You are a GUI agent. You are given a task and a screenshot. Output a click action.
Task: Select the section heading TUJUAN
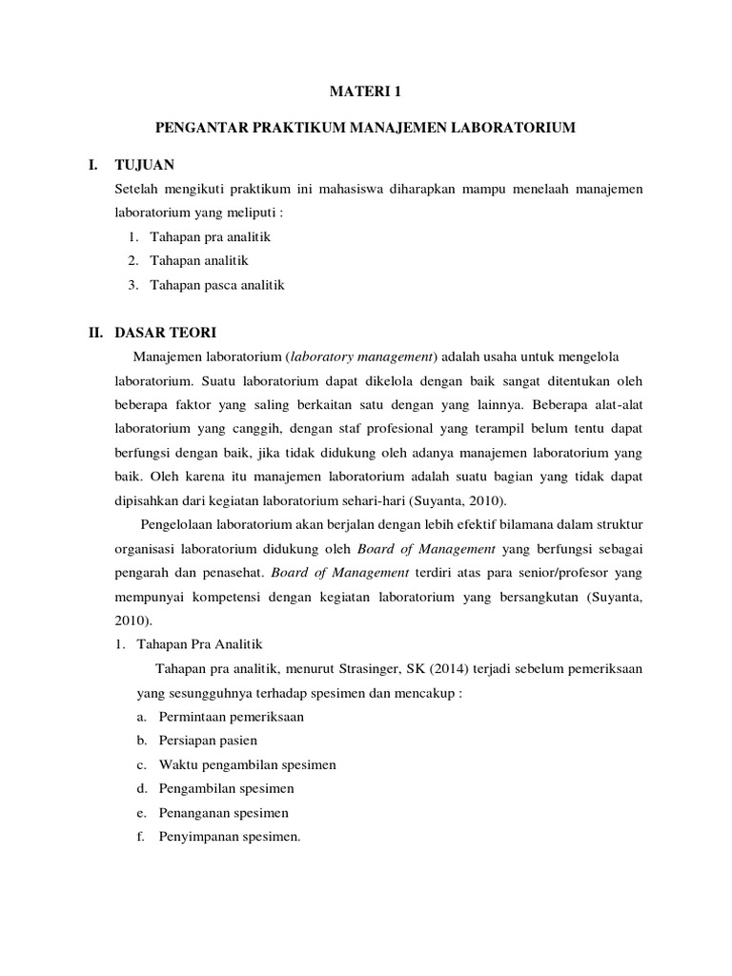144,164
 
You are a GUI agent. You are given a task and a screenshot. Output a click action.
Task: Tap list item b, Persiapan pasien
207,741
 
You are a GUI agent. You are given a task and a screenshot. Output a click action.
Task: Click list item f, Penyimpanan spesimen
232,837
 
